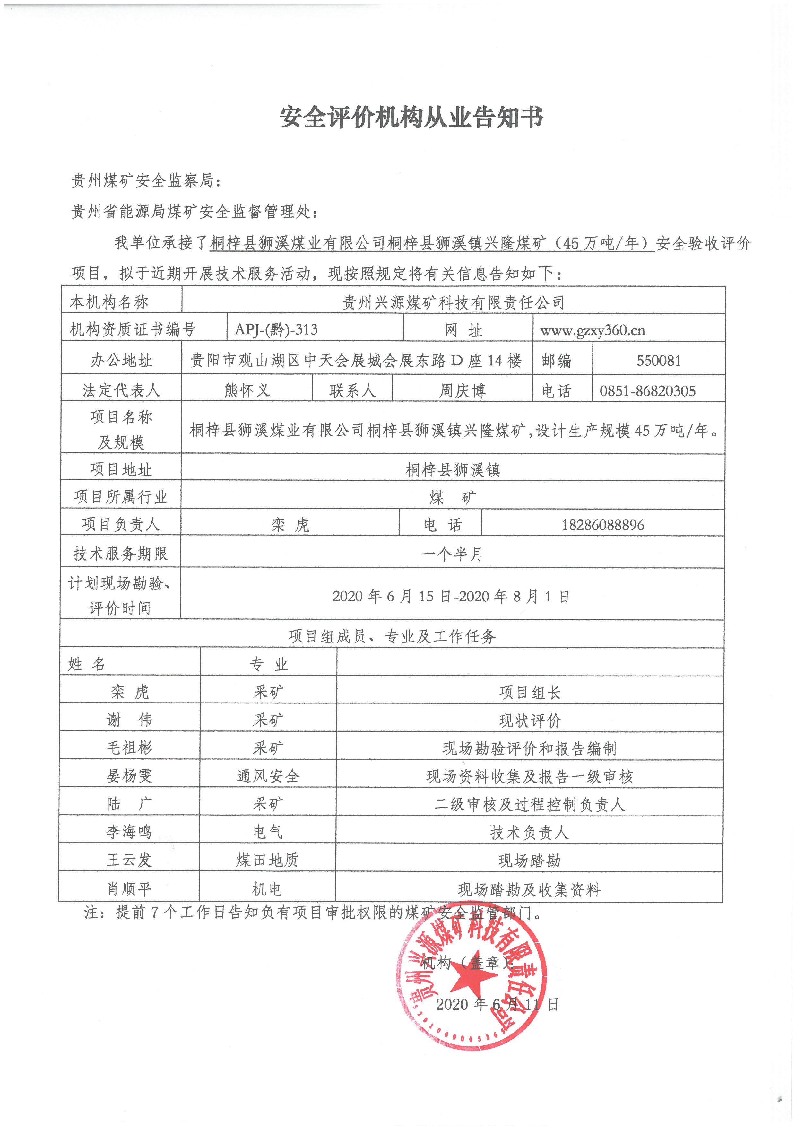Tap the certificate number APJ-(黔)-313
coord(276,329)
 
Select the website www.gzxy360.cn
coord(593,330)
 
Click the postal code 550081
coord(659,361)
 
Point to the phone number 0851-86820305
coord(647,391)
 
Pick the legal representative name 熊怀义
coord(247,390)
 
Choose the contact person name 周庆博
coord(462,391)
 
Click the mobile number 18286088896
coord(602,525)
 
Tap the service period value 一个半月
coord(451,554)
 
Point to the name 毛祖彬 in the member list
coord(129,747)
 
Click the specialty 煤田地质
coord(267,860)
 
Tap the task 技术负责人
coord(529,832)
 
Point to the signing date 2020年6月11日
coord(497,1004)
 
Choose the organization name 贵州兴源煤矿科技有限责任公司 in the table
coord(453,302)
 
